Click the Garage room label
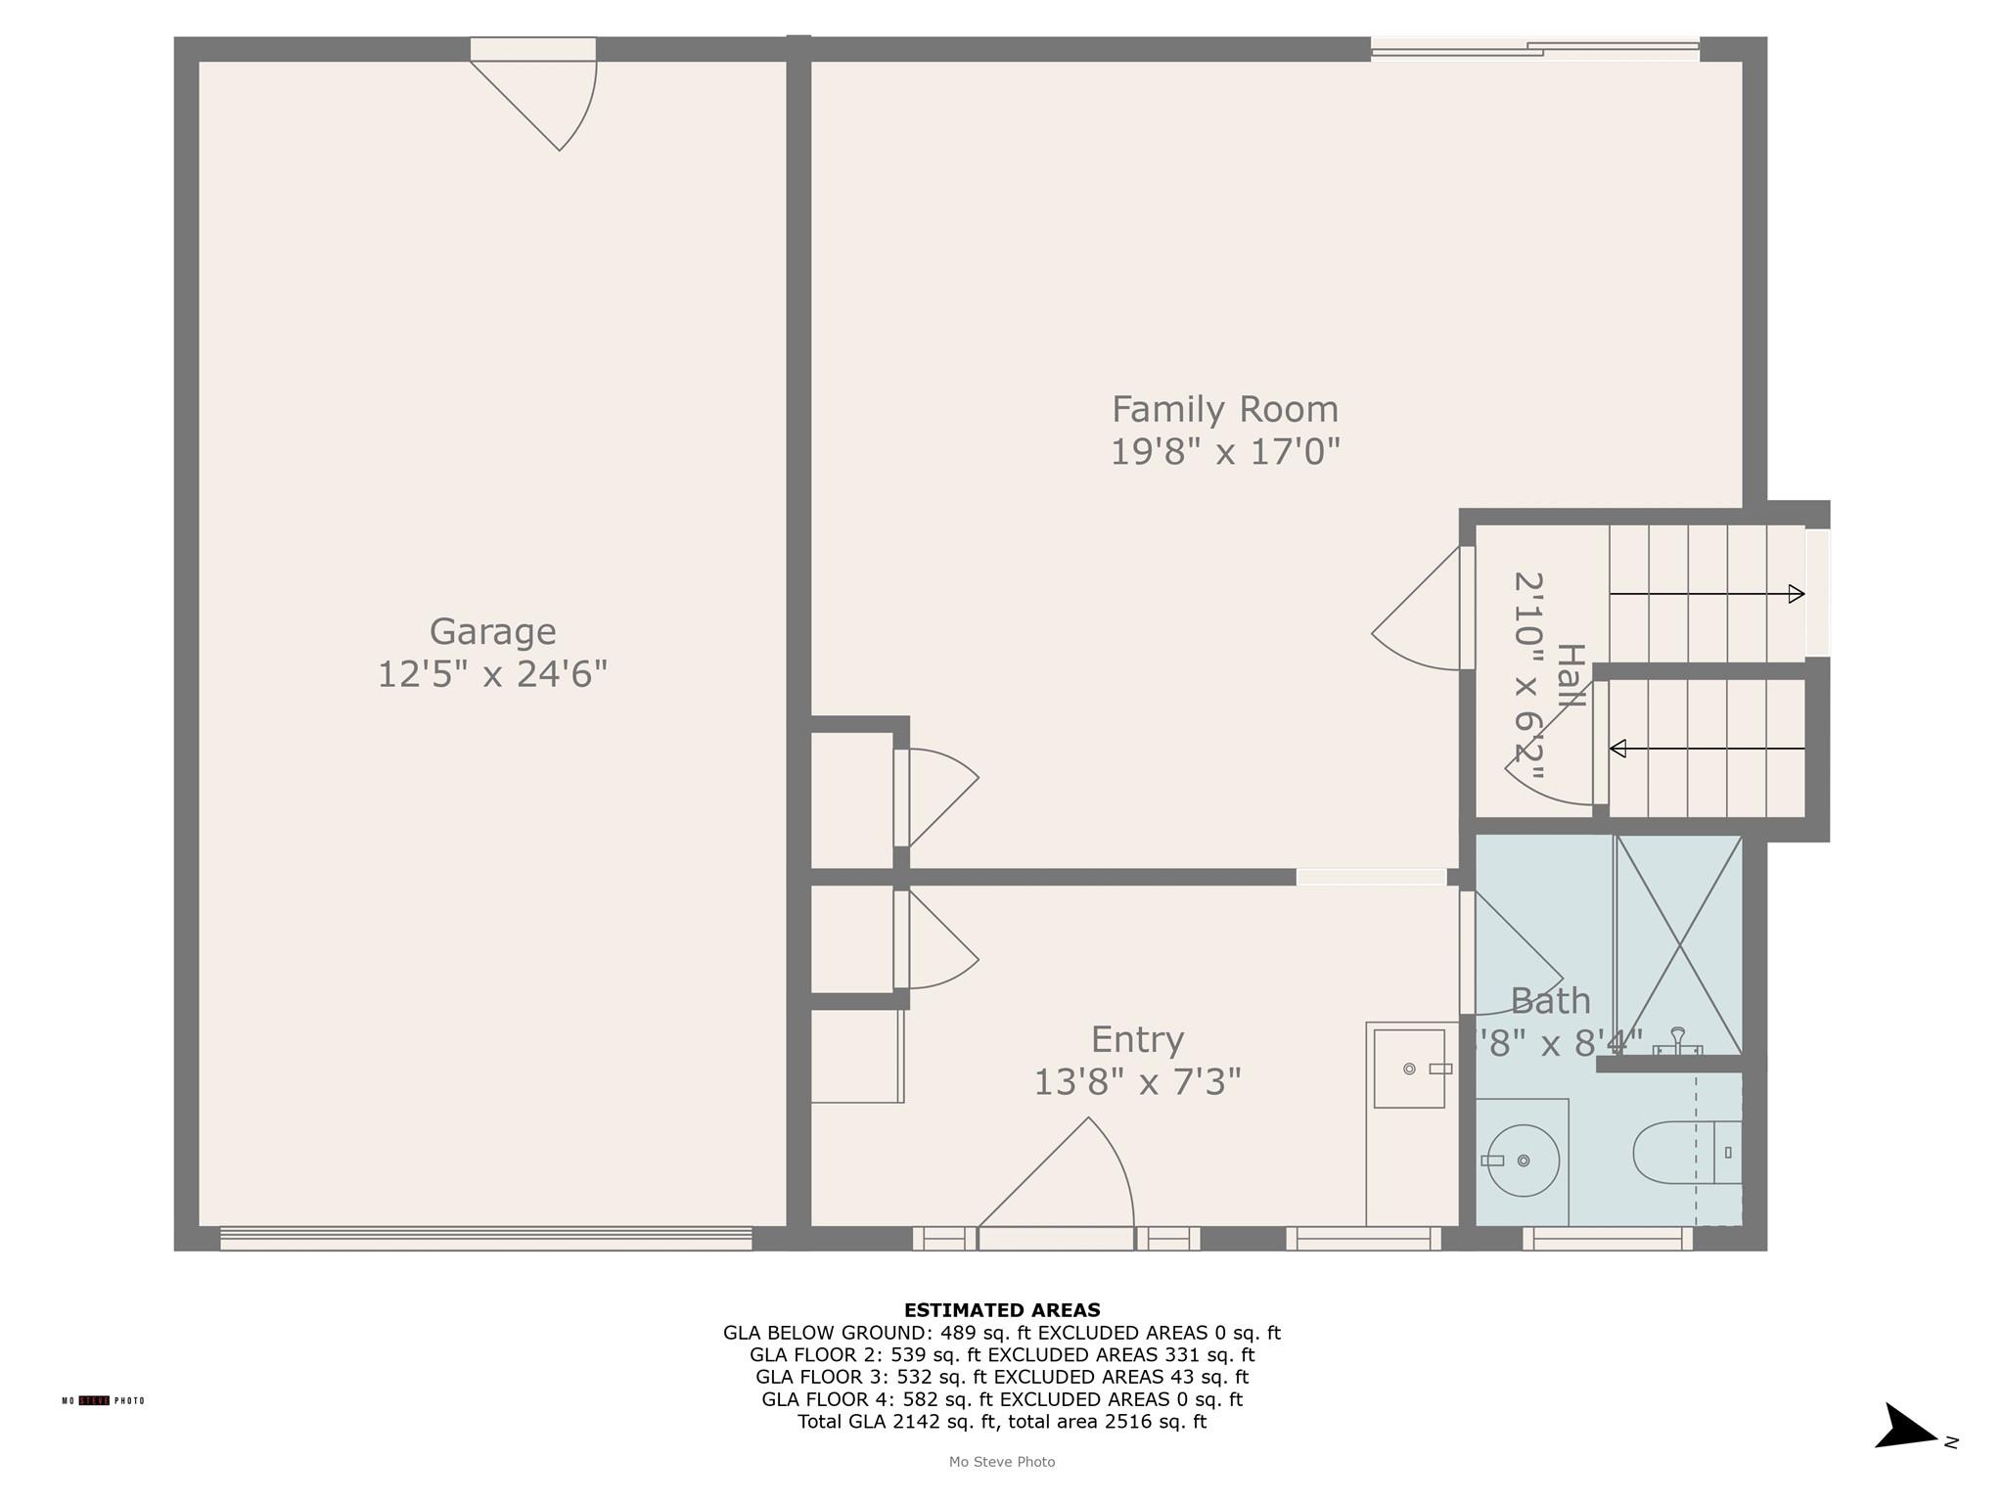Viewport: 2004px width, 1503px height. pos(492,632)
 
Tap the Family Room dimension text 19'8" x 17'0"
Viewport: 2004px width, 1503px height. pos(1224,452)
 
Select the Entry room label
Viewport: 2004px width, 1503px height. pos(1137,1039)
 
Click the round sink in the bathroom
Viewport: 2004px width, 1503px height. pos(1523,1161)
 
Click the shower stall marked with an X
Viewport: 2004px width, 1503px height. pos(1678,944)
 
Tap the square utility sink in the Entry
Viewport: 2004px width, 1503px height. pos(1409,1069)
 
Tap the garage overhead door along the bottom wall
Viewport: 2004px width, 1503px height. pos(485,1239)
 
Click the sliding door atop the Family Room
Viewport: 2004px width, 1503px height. pos(1534,48)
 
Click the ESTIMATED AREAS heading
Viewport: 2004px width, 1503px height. pos(1002,1310)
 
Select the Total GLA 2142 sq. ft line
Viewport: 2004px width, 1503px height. pos(1002,1422)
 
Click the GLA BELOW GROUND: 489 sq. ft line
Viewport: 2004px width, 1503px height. pos(1002,1333)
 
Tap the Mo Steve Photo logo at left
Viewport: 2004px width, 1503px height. pos(103,1401)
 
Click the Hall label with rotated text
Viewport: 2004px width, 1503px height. pos(1570,676)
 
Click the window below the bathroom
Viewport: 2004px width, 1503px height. pos(1608,1239)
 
